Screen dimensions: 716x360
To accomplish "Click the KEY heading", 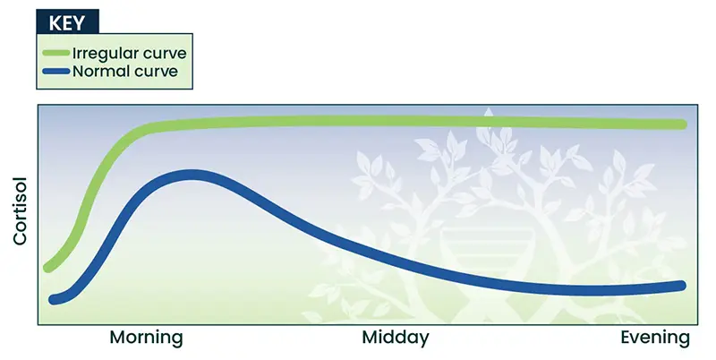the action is [x=67, y=22].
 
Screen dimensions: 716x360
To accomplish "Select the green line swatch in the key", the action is [x=56, y=53].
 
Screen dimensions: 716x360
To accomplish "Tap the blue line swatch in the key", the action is [x=56, y=72].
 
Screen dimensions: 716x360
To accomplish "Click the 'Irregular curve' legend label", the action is [x=130, y=53].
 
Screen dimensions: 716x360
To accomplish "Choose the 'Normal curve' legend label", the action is [x=125, y=72].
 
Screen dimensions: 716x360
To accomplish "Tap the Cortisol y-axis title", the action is [x=20, y=210].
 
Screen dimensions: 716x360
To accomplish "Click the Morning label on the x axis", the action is [x=146, y=339].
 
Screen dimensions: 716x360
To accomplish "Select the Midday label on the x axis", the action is [x=396, y=339].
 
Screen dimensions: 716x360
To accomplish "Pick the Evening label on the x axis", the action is [x=655, y=339].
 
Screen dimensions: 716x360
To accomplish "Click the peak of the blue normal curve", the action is [x=192, y=176].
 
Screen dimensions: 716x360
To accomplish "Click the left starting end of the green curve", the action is [x=48, y=267].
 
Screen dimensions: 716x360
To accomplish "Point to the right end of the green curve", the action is [x=681, y=124].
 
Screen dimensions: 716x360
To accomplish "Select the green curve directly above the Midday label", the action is [x=396, y=121].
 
